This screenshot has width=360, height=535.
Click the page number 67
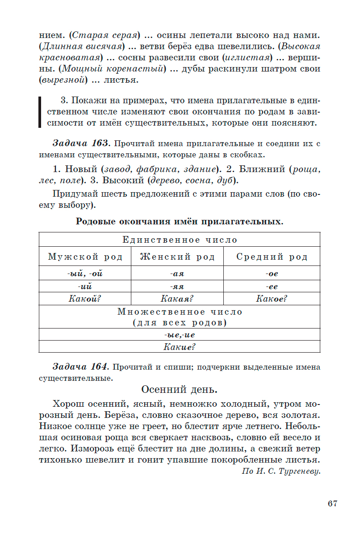pyautogui.click(x=332, y=504)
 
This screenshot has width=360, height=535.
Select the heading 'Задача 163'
pyautogui.click(x=80, y=144)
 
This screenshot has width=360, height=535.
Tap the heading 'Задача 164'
pyautogui.click(x=80, y=367)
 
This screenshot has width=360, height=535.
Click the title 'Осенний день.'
pyautogui.click(x=179, y=390)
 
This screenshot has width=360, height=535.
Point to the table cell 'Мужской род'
pyautogui.click(x=85, y=257)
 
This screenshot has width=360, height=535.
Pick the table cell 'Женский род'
pyautogui.click(x=177, y=257)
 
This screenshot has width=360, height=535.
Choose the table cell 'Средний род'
pyautogui.click(x=272, y=257)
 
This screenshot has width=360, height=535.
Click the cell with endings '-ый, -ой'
pyautogui.click(x=85, y=274)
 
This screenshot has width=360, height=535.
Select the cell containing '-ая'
pyautogui.click(x=177, y=274)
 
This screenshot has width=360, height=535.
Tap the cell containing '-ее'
pyautogui.click(x=272, y=286)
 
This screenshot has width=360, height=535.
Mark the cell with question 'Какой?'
pyautogui.click(x=85, y=299)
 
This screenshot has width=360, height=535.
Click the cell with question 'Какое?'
pyautogui.click(x=272, y=299)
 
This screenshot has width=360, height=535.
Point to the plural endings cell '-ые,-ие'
pyautogui.click(x=180, y=334)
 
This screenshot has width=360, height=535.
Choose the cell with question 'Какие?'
pyautogui.click(x=180, y=347)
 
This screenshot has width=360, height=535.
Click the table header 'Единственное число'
pyautogui.click(x=180, y=240)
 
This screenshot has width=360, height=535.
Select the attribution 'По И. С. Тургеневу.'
pyautogui.click(x=281, y=471)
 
